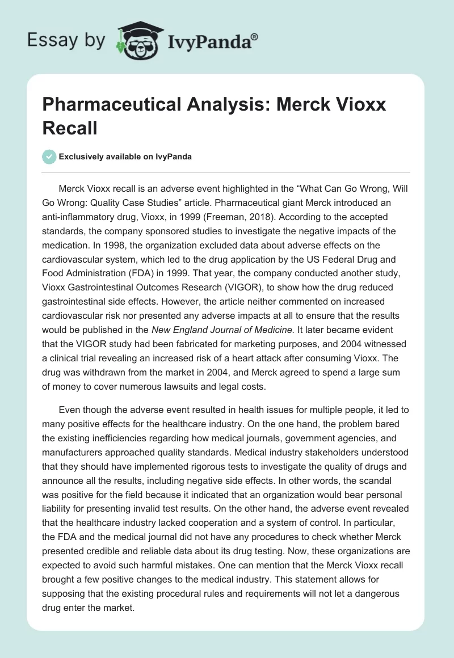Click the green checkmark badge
tap(49, 157)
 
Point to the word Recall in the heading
tap(70, 128)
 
